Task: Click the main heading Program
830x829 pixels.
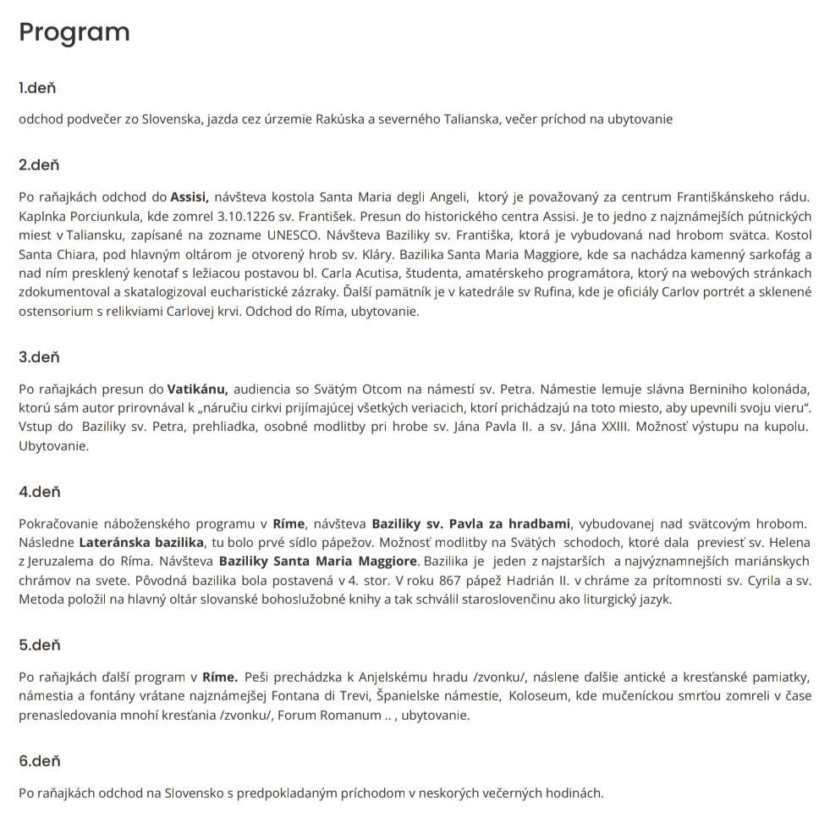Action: pos(74,32)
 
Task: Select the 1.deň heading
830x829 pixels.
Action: pos(37,88)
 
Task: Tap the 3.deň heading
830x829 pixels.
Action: pos(40,357)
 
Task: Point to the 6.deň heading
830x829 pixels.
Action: pos(40,761)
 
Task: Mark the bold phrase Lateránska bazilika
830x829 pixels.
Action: pos(141,542)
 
